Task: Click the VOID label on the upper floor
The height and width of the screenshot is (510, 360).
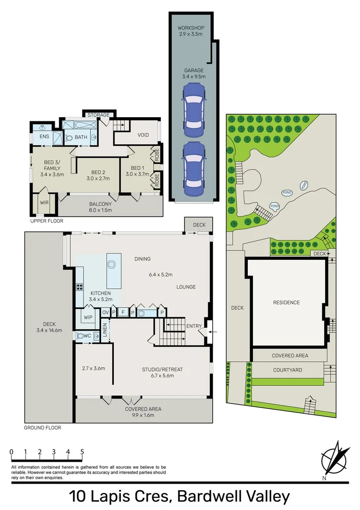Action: pyautogui.click(x=143, y=135)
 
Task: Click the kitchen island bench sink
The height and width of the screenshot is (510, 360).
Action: pyautogui.click(x=112, y=264)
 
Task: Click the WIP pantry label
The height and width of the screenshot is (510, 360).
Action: pyautogui.click(x=88, y=317)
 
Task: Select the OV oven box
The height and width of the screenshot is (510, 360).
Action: pyautogui.click(x=106, y=313)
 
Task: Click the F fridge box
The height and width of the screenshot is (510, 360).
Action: pyautogui.click(x=123, y=313)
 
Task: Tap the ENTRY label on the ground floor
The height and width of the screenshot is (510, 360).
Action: pyautogui.click(x=193, y=326)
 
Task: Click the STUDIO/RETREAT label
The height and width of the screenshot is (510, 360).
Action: pyautogui.click(x=162, y=369)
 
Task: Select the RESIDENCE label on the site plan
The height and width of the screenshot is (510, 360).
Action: pyautogui.click(x=286, y=303)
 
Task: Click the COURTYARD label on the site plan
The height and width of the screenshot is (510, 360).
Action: pyautogui.click(x=287, y=370)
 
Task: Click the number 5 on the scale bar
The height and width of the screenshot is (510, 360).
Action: pyautogui.click(x=82, y=451)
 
